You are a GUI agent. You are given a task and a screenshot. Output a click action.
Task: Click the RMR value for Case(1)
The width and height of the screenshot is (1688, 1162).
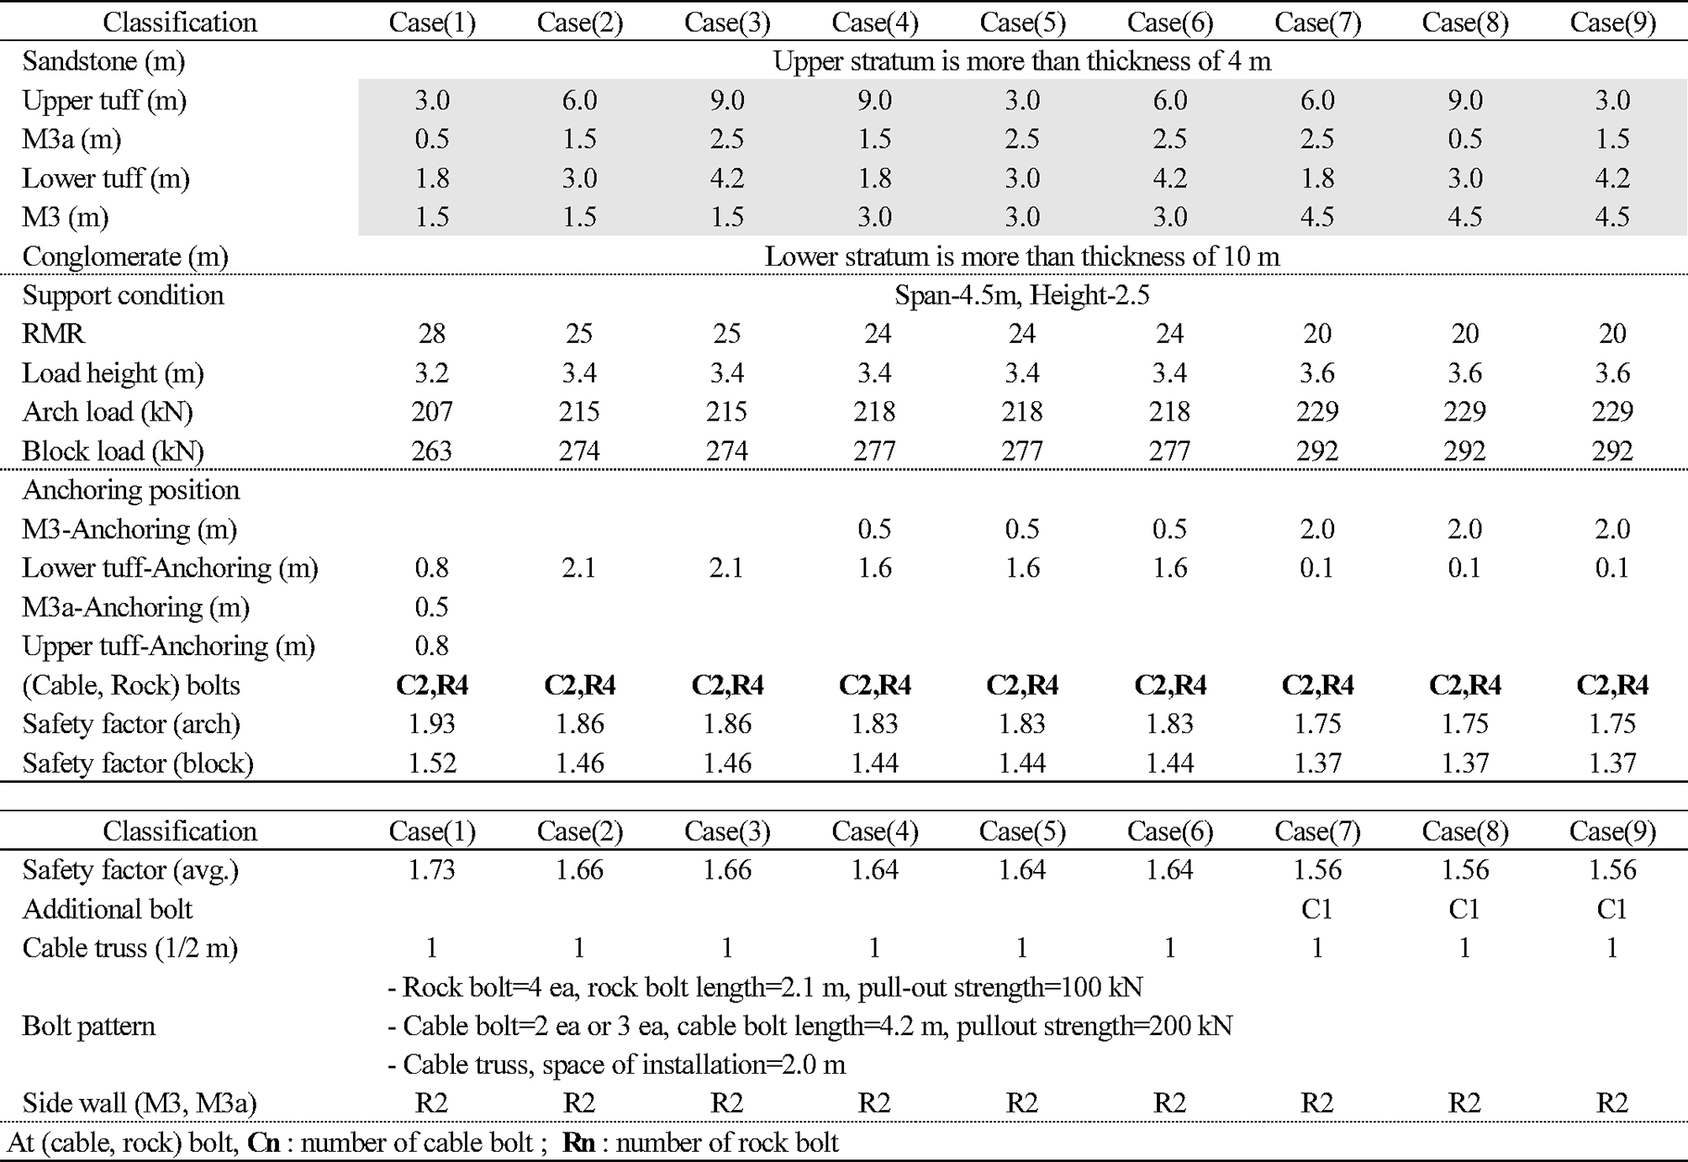[x=431, y=334]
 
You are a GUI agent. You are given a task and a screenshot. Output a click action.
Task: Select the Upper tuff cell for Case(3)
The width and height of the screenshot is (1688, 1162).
[x=726, y=100]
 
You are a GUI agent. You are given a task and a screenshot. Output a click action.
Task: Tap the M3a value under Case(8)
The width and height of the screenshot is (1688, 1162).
[x=1464, y=139]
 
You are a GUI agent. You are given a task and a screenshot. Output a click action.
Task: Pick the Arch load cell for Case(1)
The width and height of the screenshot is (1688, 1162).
[x=431, y=412]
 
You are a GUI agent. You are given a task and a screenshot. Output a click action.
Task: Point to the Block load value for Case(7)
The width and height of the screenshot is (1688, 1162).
[x=1316, y=452]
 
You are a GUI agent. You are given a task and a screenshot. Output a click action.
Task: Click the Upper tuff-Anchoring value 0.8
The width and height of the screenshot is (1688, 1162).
[x=431, y=646]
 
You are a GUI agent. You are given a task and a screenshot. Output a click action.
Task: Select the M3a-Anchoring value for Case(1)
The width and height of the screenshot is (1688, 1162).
[x=431, y=607]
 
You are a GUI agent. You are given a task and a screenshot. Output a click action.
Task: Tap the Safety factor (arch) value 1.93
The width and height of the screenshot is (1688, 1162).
[x=431, y=724]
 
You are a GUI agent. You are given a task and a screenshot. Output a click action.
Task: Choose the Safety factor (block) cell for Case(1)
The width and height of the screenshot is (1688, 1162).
[x=431, y=763]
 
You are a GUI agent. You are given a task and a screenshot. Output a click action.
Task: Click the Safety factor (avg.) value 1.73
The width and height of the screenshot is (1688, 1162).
[x=431, y=869]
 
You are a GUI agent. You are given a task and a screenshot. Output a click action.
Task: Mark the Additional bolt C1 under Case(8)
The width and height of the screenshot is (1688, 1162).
[x=1464, y=909]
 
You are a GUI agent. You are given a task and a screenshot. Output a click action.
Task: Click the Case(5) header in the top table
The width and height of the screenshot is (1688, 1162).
[x=1022, y=23]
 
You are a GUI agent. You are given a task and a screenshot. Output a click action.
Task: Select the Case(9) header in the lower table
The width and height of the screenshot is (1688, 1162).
[x=1612, y=832]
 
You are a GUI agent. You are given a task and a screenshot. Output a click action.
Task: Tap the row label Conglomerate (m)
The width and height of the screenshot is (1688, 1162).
[x=125, y=256]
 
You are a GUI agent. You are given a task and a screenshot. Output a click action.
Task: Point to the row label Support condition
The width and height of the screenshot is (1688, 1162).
[x=123, y=295]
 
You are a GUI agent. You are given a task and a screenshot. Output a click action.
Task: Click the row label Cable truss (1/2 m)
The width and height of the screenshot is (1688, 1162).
[x=129, y=948]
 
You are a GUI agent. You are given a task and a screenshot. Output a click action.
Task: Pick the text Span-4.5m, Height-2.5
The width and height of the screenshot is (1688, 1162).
[x=1021, y=295]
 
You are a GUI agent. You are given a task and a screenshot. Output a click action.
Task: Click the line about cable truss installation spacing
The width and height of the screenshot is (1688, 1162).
[x=616, y=1064]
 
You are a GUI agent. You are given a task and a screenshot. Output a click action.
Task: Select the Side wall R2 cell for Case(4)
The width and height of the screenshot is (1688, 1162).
[x=874, y=1103]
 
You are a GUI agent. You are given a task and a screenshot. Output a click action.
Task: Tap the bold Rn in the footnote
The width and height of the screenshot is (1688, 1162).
[x=578, y=1143]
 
